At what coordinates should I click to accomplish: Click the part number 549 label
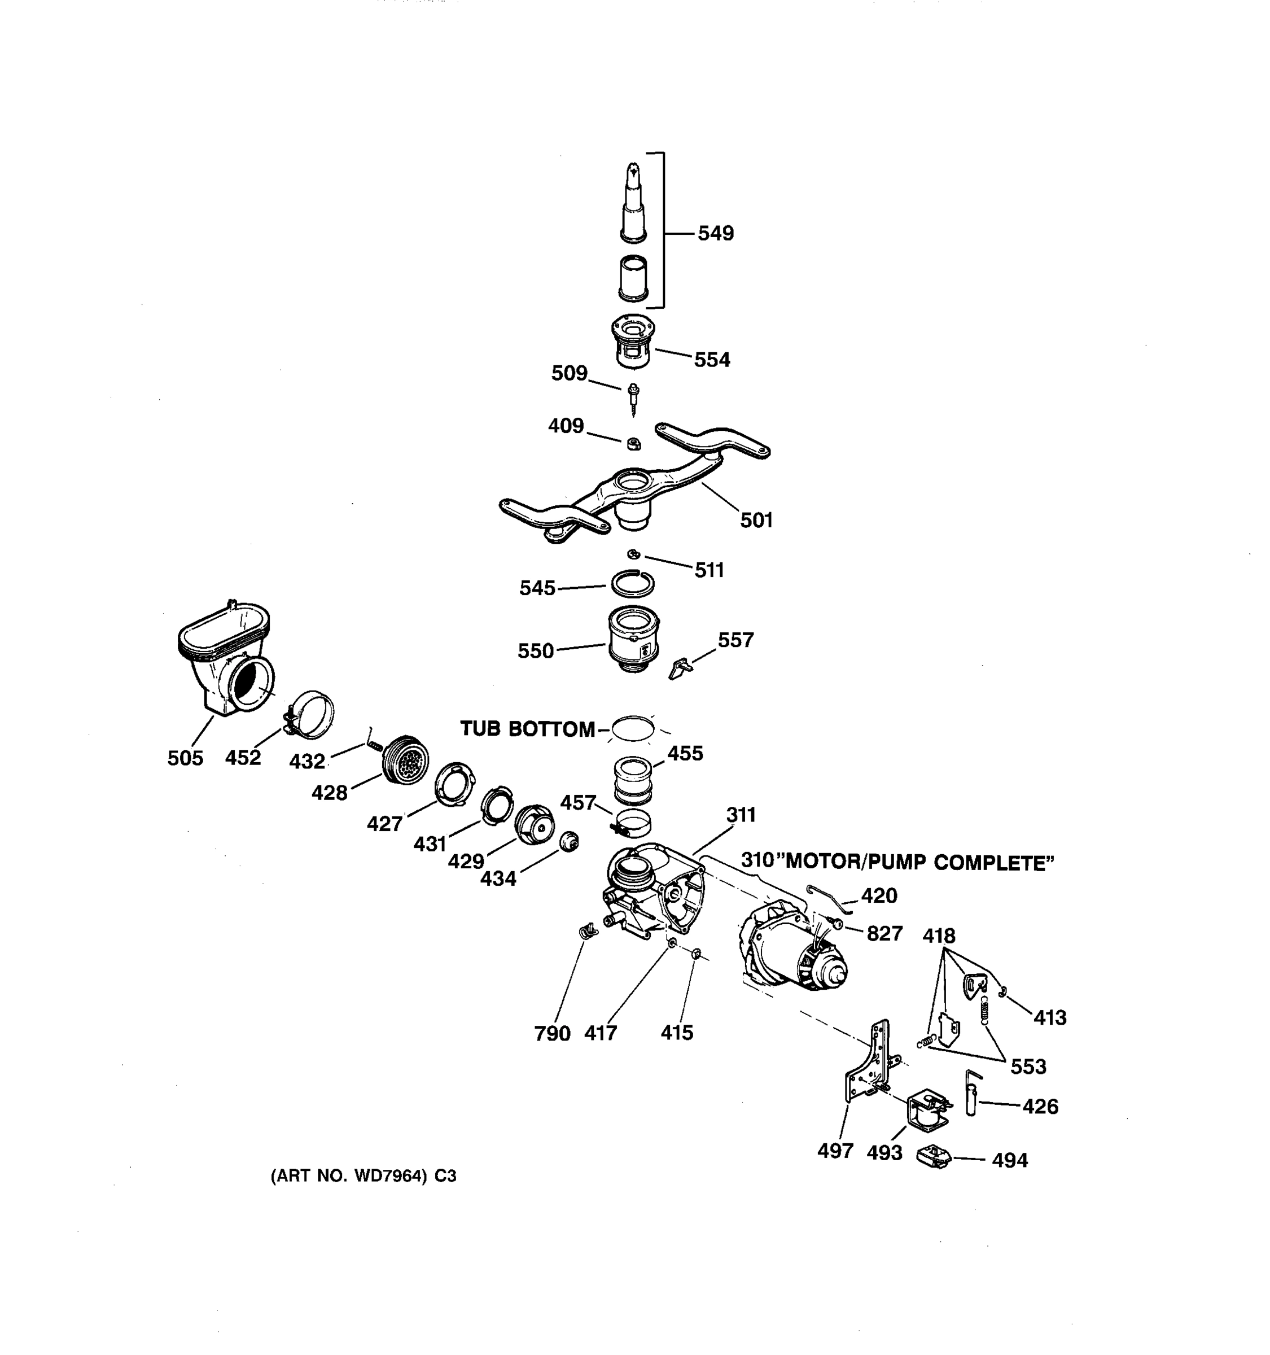click(x=715, y=234)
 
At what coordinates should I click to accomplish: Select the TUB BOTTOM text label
click(x=527, y=729)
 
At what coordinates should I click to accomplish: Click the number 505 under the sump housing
click(x=185, y=758)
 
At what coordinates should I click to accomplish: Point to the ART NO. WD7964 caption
click(x=363, y=1175)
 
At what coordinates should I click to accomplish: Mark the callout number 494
click(x=1009, y=1160)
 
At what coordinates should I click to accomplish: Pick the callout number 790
click(x=552, y=1033)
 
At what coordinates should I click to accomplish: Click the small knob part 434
click(x=569, y=841)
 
